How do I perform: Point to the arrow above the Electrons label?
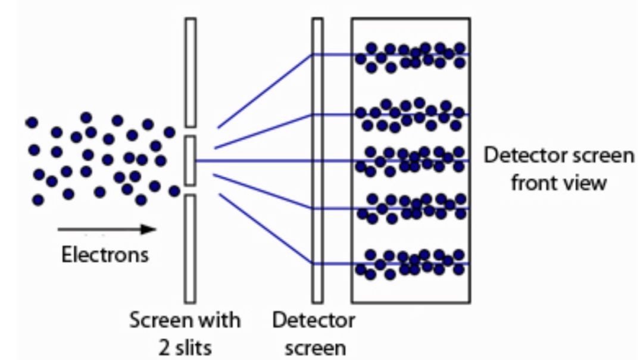click(x=107, y=229)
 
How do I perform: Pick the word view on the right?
click(x=585, y=182)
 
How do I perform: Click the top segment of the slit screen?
click(x=191, y=72)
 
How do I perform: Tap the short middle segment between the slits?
click(x=191, y=160)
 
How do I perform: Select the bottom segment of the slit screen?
click(x=191, y=248)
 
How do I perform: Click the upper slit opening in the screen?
click(x=191, y=132)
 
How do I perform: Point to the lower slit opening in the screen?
click(x=191, y=190)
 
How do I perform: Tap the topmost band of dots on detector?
click(x=410, y=57)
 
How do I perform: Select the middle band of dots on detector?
click(x=410, y=161)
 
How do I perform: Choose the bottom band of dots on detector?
click(x=410, y=264)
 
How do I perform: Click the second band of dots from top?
click(x=410, y=115)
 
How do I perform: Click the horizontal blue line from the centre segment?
click(x=253, y=161)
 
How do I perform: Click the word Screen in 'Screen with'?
click(x=157, y=320)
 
